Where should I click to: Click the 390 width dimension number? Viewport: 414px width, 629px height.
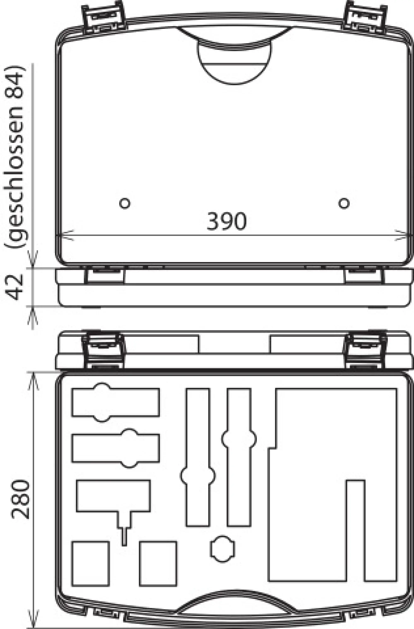coord(226,221)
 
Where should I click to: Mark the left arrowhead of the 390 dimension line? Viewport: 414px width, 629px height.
coord(65,235)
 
